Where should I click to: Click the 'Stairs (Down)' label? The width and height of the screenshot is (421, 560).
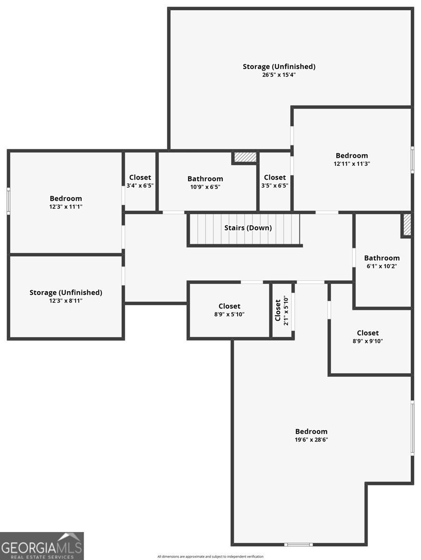pos(248,228)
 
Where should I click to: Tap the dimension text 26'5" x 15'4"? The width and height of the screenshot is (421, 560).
pos(279,75)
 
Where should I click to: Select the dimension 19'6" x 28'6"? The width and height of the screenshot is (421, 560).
pos(311,440)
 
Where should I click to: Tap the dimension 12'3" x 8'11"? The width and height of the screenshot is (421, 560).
pos(66,301)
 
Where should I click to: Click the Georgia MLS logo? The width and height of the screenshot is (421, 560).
pos(42,546)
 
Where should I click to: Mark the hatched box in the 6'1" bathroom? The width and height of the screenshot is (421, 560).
pos(407,225)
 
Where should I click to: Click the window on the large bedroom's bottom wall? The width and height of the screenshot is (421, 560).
pos(299,544)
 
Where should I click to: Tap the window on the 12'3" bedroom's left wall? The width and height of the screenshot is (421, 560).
pos(8,201)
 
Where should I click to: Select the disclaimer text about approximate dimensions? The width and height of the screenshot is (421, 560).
pos(210,556)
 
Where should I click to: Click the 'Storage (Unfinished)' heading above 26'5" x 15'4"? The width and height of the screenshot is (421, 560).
pos(279,66)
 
